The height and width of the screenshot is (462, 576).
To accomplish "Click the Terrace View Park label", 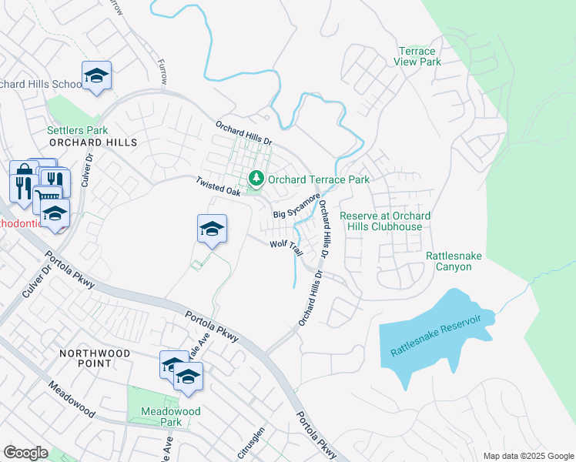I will pos(417,56).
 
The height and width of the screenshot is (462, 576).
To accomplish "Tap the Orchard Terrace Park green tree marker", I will pos(256,179).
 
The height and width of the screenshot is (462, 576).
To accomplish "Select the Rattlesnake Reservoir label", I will pos(440,335).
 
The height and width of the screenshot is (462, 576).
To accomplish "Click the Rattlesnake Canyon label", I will pos(450,260).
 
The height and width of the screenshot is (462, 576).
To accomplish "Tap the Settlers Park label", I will pos(77,131).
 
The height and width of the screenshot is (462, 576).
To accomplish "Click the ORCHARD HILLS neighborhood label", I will pos(92,142).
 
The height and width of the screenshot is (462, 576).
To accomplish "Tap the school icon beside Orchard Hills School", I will pos(96,75).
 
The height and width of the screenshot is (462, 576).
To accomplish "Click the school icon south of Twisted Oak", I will pos(212,229).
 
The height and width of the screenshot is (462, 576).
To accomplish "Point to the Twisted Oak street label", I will pos(219,186).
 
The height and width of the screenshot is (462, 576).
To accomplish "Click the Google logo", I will pos(25,453).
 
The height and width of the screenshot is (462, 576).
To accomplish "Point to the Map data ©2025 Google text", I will pos(527,456).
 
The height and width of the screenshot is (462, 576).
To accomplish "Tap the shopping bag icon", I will pos(24,171).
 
